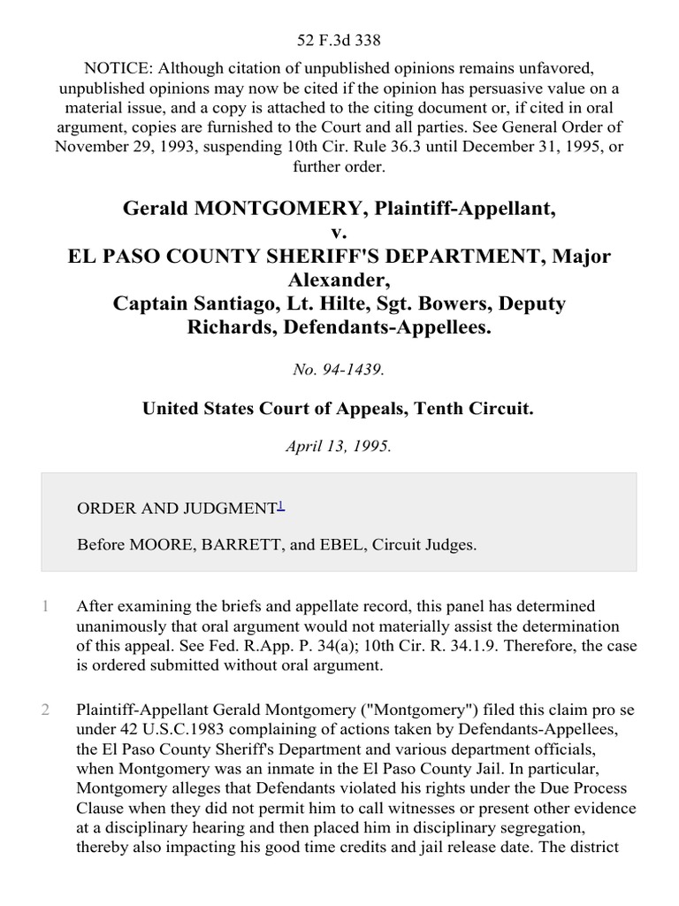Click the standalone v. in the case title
click(339, 234)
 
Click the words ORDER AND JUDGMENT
click(177, 508)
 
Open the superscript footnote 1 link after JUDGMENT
click(281, 505)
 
